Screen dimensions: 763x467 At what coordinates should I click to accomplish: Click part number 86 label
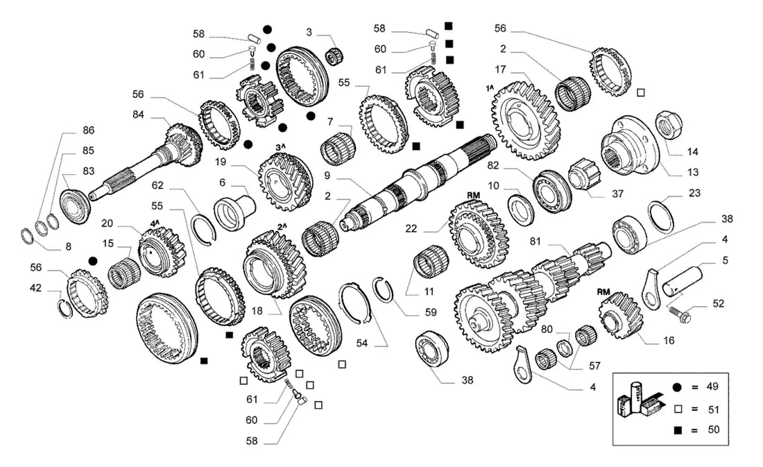[88, 130]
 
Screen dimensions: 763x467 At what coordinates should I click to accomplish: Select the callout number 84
[138, 114]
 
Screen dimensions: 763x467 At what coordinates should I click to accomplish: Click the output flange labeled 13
[629, 146]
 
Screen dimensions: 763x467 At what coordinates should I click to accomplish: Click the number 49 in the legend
[712, 387]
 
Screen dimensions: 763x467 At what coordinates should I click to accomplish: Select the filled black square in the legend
[678, 430]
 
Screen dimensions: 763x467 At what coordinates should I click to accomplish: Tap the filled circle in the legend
[678, 387]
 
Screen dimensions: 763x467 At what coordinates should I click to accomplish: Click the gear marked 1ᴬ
[527, 120]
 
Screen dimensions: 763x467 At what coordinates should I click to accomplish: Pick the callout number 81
[535, 241]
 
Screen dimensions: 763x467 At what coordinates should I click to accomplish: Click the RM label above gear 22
[473, 195]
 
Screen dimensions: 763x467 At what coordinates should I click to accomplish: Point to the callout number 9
[327, 176]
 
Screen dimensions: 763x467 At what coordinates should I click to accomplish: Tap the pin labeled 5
[684, 282]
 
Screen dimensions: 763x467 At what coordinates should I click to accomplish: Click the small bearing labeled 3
[334, 57]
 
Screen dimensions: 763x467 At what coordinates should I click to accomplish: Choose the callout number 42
[35, 288]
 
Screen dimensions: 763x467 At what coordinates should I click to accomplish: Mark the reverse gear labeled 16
[620, 316]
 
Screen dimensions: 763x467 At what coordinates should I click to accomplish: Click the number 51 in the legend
[713, 409]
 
